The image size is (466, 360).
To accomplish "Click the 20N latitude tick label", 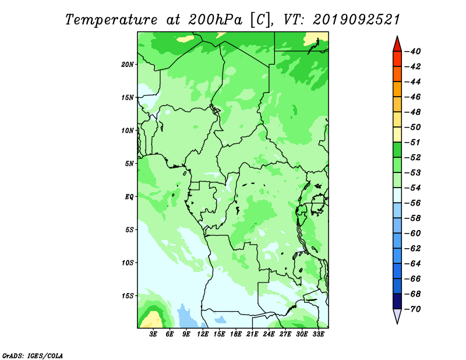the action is [128, 65].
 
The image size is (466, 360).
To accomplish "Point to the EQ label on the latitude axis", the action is [129, 197].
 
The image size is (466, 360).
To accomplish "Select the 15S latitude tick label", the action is [128, 296].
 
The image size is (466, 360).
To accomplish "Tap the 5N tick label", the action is [129, 164].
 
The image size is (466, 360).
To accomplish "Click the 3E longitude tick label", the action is [153, 334].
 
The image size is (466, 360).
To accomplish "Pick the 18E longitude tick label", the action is [236, 334].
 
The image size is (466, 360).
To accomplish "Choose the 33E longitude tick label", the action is [318, 334].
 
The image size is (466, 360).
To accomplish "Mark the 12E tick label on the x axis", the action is [203, 334].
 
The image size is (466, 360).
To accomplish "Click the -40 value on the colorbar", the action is [412, 51].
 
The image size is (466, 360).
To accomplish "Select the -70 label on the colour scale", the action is [412, 309].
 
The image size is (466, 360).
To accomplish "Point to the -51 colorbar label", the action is [412, 142].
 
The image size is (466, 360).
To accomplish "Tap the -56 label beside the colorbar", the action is [412, 203].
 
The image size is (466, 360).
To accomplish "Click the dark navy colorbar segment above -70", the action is [397, 301].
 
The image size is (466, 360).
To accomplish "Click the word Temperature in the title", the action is [111, 20].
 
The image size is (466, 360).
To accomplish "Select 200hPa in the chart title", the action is [215, 20].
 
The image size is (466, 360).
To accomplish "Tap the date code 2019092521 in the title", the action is [356, 20].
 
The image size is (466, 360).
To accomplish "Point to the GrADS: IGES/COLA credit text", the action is [33, 355].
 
